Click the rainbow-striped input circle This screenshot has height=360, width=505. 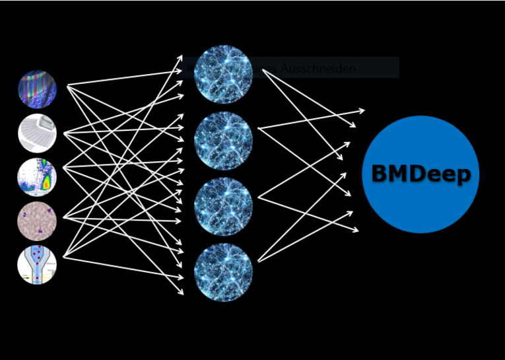[x=37, y=89]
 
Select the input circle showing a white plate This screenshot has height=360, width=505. [x=37, y=133]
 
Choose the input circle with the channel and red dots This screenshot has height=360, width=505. [x=37, y=265]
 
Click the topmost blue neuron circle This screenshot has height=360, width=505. [x=223, y=74]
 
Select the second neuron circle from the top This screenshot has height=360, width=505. [x=223, y=141]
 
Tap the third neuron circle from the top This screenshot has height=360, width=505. [x=223, y=207]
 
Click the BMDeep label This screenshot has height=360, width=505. [x=421, y=174]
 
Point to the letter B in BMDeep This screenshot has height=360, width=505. [x=380, y=174]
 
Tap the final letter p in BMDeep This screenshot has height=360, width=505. [x=463, y=176]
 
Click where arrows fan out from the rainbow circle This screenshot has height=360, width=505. [x=67, y=85]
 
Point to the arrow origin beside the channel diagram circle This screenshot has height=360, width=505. [x=63, y=256]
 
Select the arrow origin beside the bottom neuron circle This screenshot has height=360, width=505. [x=258, y=262]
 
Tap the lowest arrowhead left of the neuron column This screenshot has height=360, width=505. [x=182, y=292]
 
